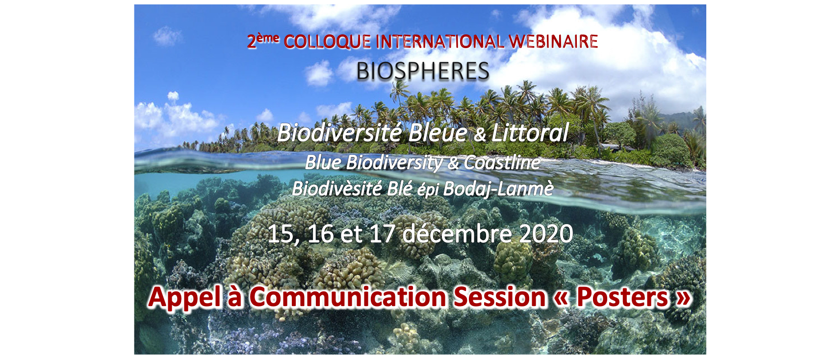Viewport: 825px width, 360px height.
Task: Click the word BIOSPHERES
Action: point(422,71)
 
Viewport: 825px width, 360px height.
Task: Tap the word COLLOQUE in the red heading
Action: point(327,42)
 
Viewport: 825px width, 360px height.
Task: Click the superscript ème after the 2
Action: point(268,38)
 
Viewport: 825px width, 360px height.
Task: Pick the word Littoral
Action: point(530,132)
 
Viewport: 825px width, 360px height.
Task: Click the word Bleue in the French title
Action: point(438,133)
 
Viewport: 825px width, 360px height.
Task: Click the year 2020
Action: point(546,234)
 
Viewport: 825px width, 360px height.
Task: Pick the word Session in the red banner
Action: point(499,297)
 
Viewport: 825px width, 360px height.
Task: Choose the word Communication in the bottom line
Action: point(348,297)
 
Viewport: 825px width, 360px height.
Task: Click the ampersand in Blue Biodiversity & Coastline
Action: point(453,163)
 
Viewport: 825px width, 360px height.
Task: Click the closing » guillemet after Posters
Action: point(683,299)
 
